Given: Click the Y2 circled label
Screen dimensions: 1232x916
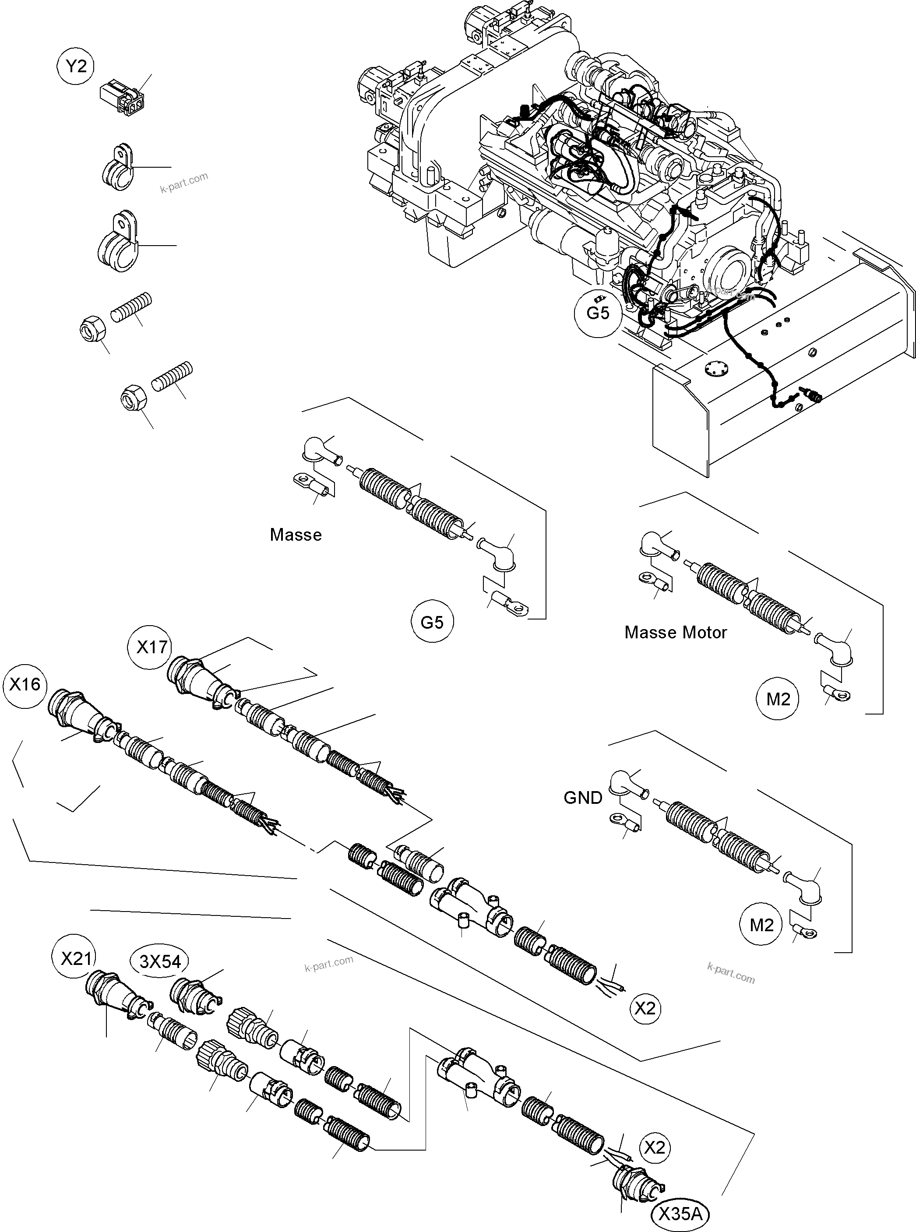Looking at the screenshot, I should pyautogui.click(x=76, y=67).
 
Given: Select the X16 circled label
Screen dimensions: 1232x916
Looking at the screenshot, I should pyautogui.click(x=25, y=684).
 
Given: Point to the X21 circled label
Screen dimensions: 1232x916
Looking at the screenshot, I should pyautogui.click(x=75, y=958).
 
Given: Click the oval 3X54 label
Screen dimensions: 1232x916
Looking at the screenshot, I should pyautogui.click(x=160, y=961).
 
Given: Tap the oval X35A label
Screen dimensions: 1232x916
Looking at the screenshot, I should pyautogui.click(x=680, y=1214).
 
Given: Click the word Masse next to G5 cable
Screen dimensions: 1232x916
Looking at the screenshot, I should pyautogui.click(x=296, y=535).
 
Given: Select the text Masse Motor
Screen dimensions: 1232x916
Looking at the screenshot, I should pyautogui.click(x=675, y=632).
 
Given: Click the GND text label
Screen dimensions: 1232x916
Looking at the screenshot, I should pyautogui.click(x=583, y=797).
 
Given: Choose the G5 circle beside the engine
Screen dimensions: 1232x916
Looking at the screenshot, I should pyautogui.click(x=598, y=313).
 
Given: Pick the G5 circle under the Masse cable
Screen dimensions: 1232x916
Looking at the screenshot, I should pyautogui.click(x=432, y=622).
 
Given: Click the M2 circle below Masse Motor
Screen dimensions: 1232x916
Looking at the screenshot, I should pyautogui.click(x=777, y=699).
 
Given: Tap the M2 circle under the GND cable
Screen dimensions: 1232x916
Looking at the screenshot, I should pyautogui.click(x=761, y=925).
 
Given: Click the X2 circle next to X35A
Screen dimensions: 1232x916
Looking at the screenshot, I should pyautogui.click(x=655, y=1147).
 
